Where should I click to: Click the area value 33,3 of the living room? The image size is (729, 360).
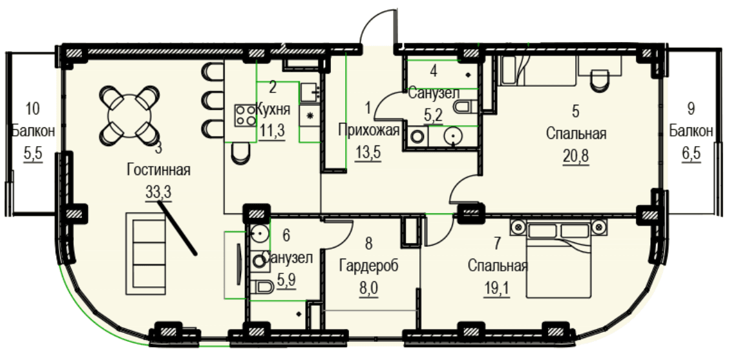coord(158,192)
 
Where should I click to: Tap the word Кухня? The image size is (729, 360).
coord(273,110)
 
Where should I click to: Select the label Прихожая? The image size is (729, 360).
coord(368,130)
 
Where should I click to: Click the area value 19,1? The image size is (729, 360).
coord(497,289)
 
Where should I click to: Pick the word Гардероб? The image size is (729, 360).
coord(368,266)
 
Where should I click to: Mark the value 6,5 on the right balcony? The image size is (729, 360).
coord(691,153)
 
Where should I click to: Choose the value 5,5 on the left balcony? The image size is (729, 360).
coord(33,153)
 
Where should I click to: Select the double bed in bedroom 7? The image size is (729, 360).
coord(558,258)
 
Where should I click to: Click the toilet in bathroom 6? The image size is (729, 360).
coord(262,287)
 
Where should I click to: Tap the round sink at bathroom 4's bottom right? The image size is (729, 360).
coord(452,137)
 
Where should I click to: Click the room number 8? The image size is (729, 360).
coord(368,242)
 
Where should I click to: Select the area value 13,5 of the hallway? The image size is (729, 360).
coord(368,153)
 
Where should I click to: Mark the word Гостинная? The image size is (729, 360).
coord(158,170)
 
